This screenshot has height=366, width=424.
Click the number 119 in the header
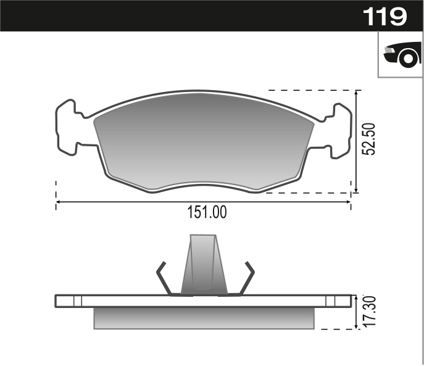pos(385,16)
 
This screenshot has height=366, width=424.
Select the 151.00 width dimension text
pos(207,213)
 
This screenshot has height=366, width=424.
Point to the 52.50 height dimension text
pos(368,139)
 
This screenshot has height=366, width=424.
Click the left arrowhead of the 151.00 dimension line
pos(59,202)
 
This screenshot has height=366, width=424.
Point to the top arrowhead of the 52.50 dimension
pos(356,93)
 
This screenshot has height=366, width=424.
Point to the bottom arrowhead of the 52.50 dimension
pos(356,189)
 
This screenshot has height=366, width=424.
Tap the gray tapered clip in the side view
pos(204,265)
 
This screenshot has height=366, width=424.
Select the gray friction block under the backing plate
pos(204,317)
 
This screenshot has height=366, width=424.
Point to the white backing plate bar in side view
pos(204,301)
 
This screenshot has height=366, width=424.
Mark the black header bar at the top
pos(185,15)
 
